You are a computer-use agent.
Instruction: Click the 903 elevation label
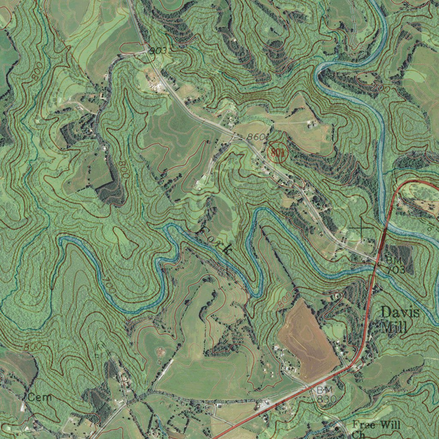coord(158,51)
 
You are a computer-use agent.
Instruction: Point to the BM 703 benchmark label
coord(395,265)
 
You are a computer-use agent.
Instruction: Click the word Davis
coord(400,312)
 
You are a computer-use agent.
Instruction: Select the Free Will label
coord(376,425)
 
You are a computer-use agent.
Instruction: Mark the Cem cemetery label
coord(39,397)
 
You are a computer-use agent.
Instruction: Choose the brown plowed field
coord(309,339)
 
